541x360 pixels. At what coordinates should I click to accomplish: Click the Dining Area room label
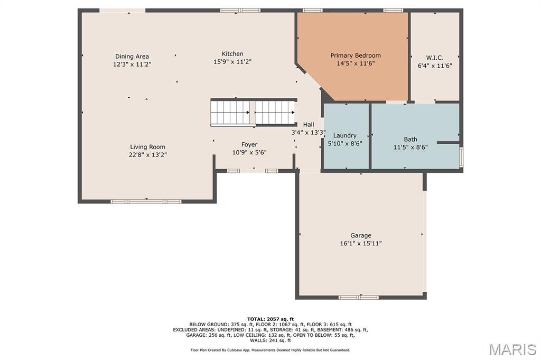132,56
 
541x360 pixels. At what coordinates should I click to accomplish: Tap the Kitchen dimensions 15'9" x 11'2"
232,62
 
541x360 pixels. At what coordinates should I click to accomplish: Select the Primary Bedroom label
356,55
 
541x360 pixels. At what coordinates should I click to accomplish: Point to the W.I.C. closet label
435,58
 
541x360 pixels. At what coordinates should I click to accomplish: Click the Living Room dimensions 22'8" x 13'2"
148,155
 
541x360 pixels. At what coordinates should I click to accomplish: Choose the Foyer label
249,145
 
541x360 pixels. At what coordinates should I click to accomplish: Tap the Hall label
309,125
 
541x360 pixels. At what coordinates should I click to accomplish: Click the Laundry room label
344,136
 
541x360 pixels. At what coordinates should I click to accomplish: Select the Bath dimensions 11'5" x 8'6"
411,147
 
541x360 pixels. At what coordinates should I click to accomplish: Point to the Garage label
361,235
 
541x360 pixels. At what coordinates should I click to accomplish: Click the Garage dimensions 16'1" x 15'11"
361,243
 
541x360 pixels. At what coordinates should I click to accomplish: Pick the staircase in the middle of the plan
253,113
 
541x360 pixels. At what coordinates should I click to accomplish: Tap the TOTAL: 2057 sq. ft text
270,319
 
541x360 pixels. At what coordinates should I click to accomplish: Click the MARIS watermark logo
512,349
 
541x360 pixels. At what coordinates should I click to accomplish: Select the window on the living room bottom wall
146,201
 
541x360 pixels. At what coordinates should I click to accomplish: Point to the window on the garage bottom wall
359,297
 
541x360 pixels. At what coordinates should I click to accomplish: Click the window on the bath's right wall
461,158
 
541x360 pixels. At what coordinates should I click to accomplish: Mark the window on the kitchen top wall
240,11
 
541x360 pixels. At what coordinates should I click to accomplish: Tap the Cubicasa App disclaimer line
270,350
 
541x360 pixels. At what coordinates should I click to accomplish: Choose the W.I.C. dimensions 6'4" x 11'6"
435,66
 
